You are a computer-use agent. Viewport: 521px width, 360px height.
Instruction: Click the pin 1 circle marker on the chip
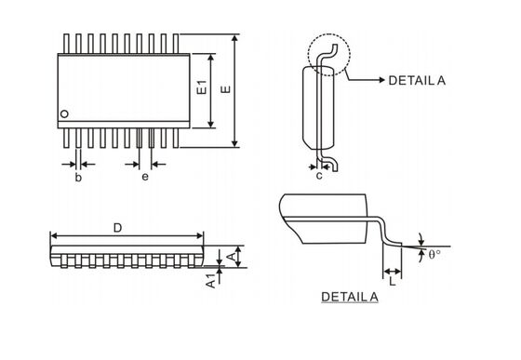pyautogui.click(x=64, y=114)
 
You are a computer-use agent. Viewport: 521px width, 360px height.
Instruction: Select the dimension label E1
pyautogui.click(x=201, y=90)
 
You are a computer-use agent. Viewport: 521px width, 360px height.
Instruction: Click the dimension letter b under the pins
pyautogui.click(x=79, y=177)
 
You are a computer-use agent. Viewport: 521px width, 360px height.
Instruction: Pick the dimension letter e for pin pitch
pyautogui.click(x=144, y=177)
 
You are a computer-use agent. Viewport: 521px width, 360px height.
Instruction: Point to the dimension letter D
pyautogui.click(x=116, y=227)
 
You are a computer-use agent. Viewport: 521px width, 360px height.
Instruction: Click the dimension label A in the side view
pyautogui.click(x=230, y=255)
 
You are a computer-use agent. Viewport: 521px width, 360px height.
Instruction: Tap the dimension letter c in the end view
pyautogui.click(x=319, y=174)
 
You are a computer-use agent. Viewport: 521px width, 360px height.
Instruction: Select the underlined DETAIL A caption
pyautogui.click(x=350, y=298)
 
